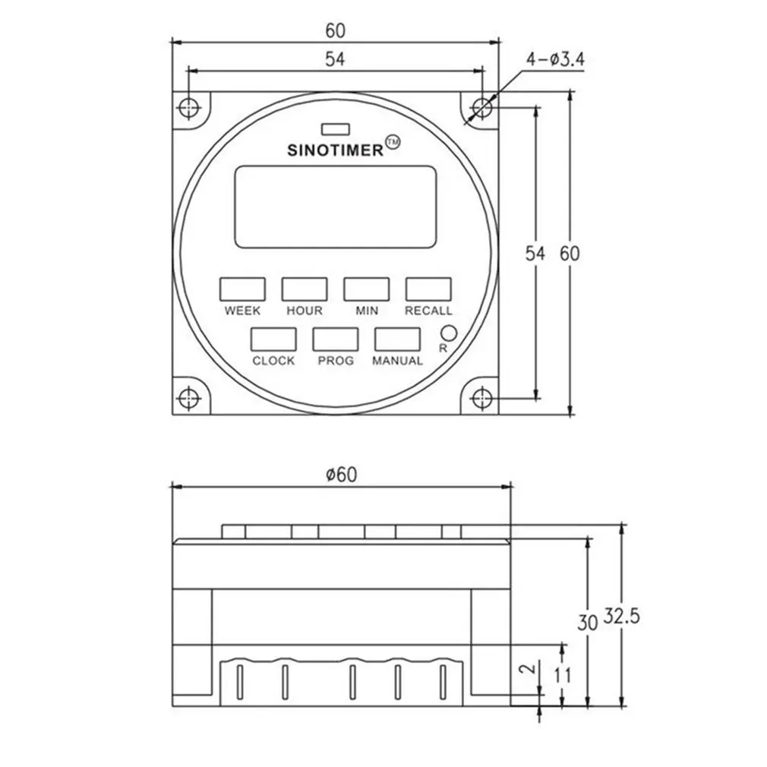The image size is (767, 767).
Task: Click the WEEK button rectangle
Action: tap(242, 289)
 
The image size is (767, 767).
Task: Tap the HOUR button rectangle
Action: tap(305, 289)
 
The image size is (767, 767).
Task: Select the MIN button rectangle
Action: tap(366, 289)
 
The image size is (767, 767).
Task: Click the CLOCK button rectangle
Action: tap(273, 339)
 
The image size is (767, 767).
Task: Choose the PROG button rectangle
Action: tap(335, 339)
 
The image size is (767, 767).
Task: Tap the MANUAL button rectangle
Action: tap(396, 339)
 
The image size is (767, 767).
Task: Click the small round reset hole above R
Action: tap(448, 333)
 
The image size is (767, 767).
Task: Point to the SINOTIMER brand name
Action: tap(335, 150)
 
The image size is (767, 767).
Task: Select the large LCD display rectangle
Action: tap(335, 206)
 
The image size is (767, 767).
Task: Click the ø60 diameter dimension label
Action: tap(341, 475)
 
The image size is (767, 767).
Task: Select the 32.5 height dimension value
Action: tap(621, 617)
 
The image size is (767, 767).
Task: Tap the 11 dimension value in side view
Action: tap(563, 674)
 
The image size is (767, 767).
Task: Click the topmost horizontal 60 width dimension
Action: tap(335, 30)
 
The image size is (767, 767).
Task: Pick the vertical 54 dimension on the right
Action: tap(536, 254)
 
